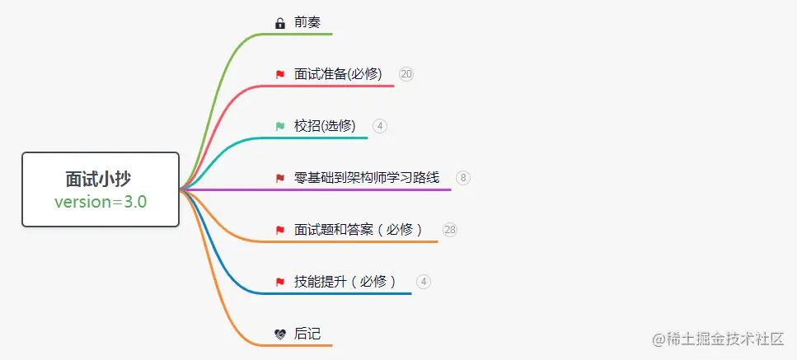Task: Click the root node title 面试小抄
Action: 101,179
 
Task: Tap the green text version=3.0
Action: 101,202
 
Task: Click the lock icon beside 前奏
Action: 280,23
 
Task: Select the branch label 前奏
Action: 307,22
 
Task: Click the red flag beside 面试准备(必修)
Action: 280,75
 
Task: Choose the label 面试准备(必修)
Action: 338,74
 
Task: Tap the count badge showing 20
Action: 406,74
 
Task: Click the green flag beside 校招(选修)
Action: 280,127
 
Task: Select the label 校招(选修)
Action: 325,126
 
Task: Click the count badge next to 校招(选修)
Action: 379,126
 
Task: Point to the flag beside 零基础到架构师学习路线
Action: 280,178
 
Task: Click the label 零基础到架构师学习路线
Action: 367,178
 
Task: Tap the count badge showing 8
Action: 463,178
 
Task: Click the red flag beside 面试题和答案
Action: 280,231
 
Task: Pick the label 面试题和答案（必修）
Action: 359,230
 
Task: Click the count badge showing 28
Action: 450,230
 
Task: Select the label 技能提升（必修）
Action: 345,282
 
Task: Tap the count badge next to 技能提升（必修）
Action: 424,282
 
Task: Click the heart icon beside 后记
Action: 280,334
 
